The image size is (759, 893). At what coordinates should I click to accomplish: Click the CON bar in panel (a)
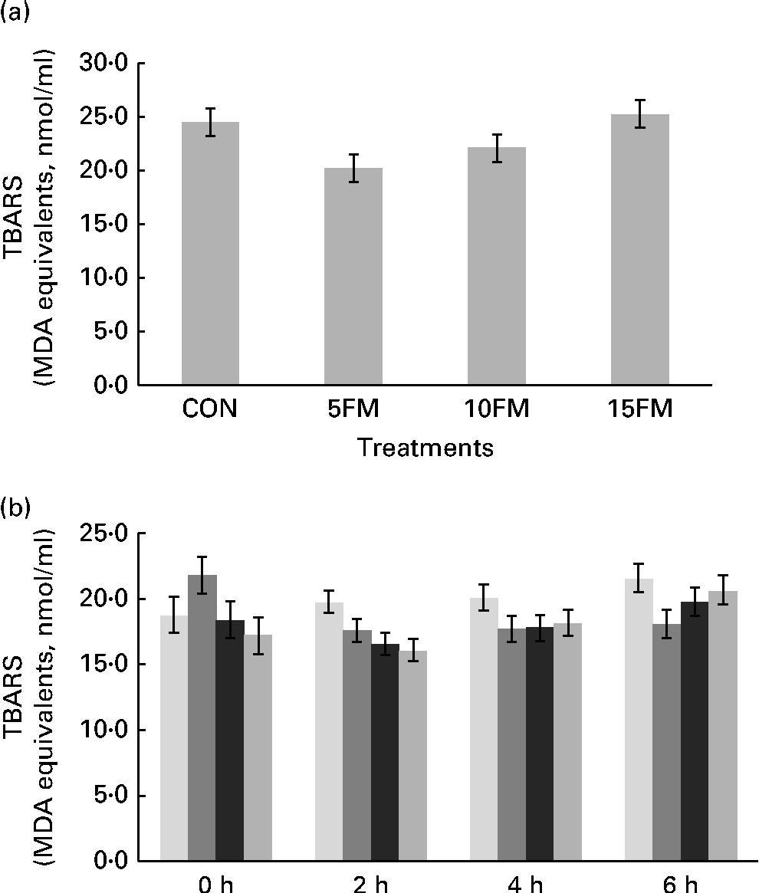tap(210, 253)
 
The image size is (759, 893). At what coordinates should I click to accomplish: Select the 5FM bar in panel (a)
tap(353, 276)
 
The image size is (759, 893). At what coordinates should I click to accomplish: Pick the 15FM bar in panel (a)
tap(640, 249)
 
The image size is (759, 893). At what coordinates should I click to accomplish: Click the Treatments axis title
tap(426, 448)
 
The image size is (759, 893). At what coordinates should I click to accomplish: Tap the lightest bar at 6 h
tap(638, 721)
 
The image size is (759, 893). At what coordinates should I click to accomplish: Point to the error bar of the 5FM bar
tap(353, 168)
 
